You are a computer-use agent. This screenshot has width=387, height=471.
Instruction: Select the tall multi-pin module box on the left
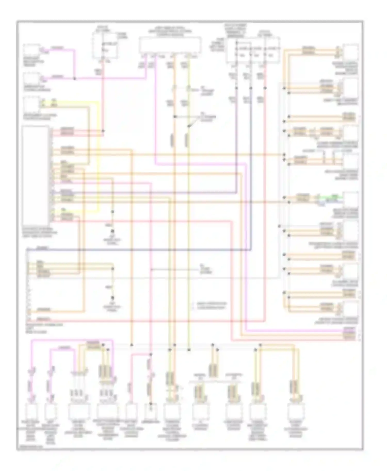click(x=35, y=175)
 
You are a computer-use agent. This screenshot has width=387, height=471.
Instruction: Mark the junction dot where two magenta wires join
click(x=75, y=78)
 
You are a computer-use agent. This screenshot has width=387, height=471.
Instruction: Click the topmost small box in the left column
click(x=31, y=50)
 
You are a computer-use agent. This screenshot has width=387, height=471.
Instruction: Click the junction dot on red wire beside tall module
click(x=103, y=131)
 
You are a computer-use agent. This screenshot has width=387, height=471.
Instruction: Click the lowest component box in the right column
click(x=350, y=309)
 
